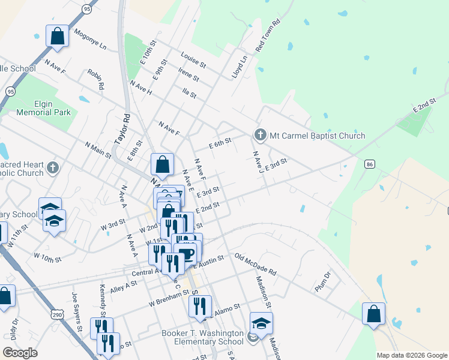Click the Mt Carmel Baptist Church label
pyautogui.click(x=317, y=136)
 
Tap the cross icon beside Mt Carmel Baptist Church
pyautogui.click(x=260, y=135)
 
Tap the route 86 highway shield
pyautogui.click(x=369, y=164)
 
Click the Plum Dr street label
pyautogui.click(x=323, y=283)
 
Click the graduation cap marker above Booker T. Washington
pyautogui.click(x=261, y=323)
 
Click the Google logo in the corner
pyautogui.click(x=20, y=353)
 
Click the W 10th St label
pyautogui.click(x=48, y=258)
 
